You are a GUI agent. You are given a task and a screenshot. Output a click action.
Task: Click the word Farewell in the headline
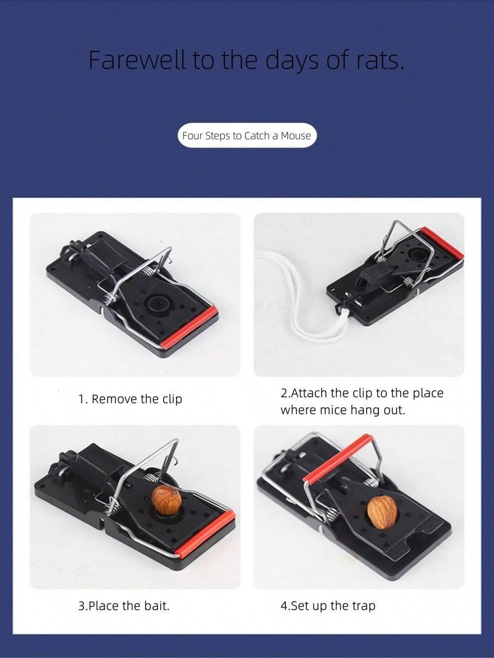137,60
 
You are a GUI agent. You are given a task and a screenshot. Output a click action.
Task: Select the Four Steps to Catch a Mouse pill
247,135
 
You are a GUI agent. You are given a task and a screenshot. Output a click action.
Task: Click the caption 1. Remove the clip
130,399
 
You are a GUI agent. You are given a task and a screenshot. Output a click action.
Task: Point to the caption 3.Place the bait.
124,606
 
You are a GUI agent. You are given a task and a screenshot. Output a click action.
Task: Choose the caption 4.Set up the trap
328,606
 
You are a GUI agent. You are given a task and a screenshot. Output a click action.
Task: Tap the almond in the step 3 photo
166,498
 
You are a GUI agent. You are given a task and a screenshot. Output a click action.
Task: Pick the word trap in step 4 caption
363,606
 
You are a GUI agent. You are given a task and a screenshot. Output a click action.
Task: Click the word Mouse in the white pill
296,135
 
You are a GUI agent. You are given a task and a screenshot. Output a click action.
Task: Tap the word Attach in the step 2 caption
309,393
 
